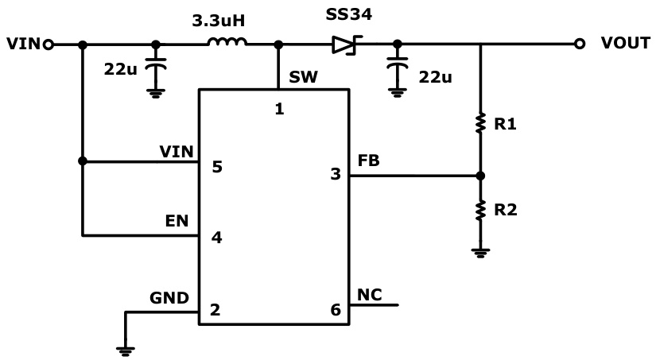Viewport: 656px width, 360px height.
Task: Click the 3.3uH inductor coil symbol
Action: [227, 43]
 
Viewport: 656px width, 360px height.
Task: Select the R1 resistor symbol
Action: [480, 123]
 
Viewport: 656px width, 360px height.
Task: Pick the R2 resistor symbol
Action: [480, 210]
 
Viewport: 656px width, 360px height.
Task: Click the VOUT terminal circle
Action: [580, 45]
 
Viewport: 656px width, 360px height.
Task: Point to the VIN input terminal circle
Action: [48, 45]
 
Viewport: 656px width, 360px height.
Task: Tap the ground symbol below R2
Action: [480, 252]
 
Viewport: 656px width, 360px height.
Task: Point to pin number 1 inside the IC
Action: [279, 109]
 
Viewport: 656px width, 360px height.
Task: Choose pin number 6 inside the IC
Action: [336, 310]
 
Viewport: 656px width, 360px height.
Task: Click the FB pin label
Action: [368, 160]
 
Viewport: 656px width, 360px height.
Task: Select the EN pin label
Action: [177, 221]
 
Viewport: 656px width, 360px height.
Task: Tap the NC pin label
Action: [369, 295]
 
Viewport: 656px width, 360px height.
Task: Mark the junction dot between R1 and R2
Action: [480, 176]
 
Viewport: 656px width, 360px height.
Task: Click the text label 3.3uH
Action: [217, 17]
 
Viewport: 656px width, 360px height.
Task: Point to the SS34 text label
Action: [348, 15]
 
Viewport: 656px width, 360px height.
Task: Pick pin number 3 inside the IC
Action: [336, 175]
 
